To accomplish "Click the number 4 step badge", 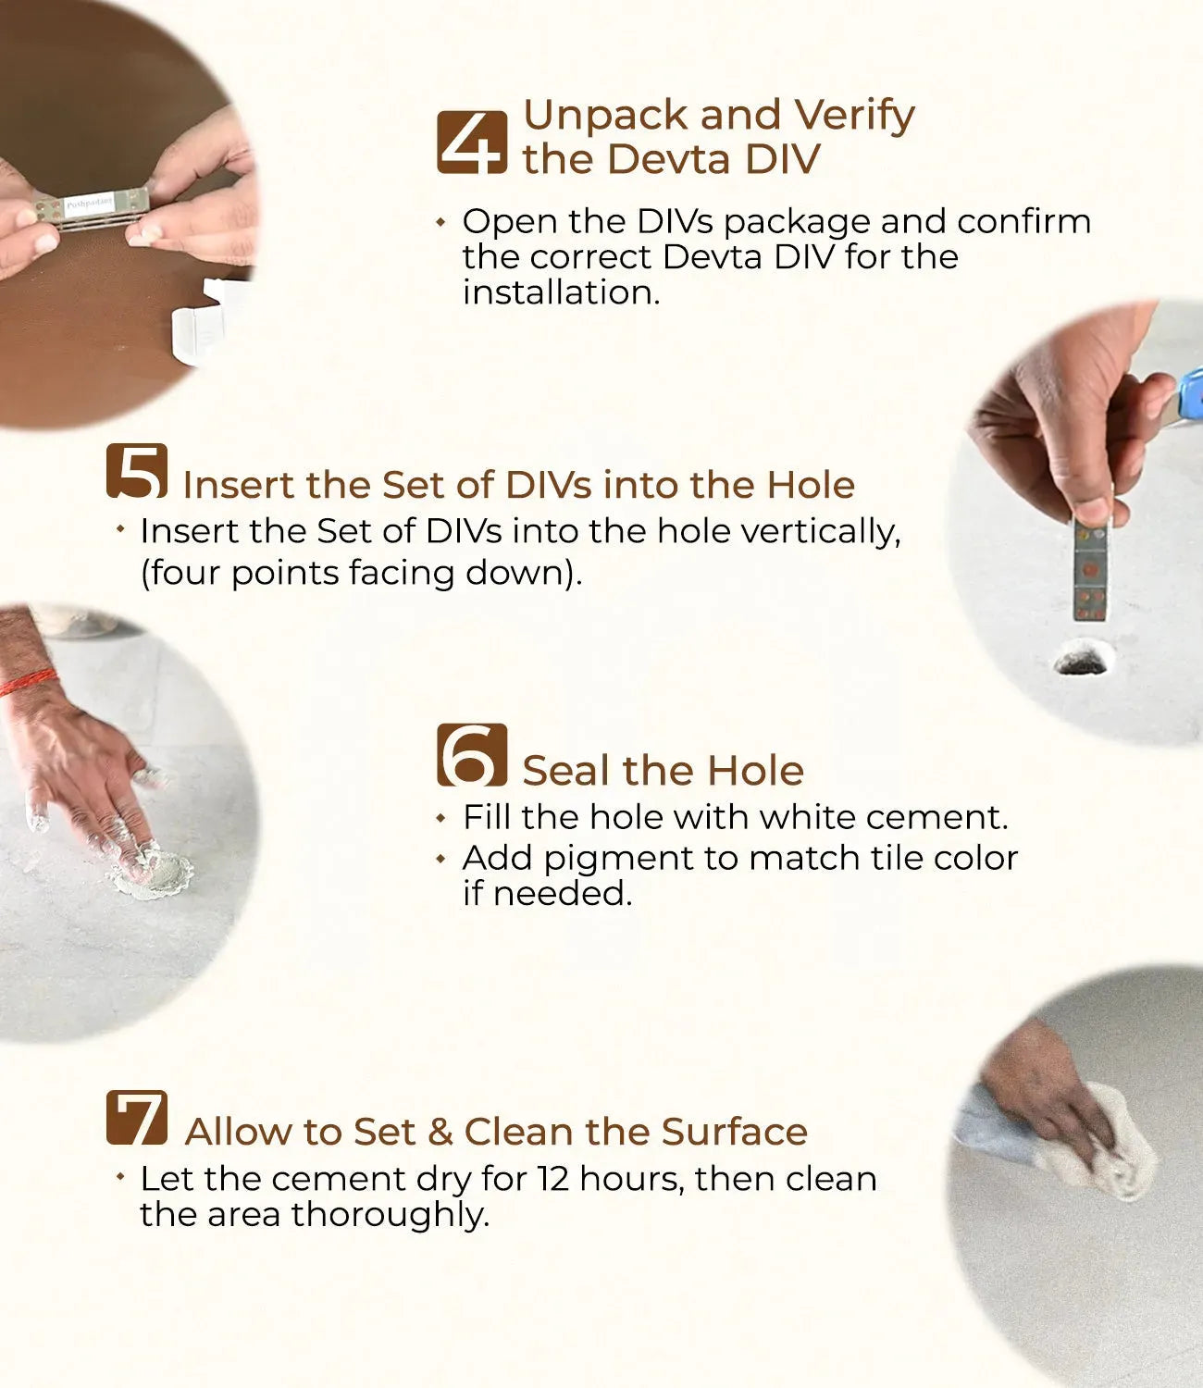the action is [x=472, y=143].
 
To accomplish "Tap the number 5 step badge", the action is [x=137, y=471].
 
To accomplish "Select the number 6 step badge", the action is [x=472, y=754].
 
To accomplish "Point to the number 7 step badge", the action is [x=137, y=1118].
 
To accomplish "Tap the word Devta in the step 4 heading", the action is [x=669, y=160].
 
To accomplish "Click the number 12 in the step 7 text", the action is [x=553, y=1179].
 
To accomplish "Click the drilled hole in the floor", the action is [x=1083, y=658].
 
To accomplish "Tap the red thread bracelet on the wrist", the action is [x=29, y=682].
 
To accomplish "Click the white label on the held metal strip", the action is [x=90, y=204].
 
